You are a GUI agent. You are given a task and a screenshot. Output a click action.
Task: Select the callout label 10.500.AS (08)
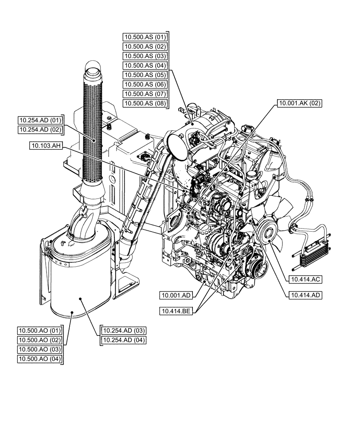[x=145, y=104]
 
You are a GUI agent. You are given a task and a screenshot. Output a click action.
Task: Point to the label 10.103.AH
[x=46, y=145]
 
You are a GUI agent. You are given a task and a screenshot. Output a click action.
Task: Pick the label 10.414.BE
[x=176, y=311]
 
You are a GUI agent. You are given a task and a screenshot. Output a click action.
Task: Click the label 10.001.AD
[x=176, y=295]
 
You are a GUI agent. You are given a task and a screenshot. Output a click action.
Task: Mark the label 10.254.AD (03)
[x=124, y=331]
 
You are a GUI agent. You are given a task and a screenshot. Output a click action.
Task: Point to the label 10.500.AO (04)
[x=40, y=359]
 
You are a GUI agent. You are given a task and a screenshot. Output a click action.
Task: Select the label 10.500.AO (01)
[x=40, y=331]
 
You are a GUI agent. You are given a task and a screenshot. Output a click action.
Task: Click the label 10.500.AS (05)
[x=145, y=75]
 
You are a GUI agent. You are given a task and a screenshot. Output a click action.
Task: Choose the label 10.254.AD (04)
[x=124, y=340]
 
